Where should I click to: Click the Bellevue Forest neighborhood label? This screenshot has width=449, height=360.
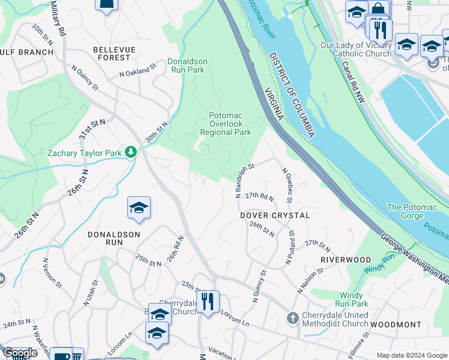pyautogui.click(x=112, y=53)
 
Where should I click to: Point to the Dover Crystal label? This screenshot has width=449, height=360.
pyautogui.click(x=275, y=215)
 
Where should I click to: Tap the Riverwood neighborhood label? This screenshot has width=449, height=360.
pyautogui.click(x=346, y=259)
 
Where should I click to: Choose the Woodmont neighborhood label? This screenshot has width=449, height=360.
pyautogui.click(x=396, y=324)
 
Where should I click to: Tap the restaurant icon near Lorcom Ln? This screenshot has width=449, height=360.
pyautogui.click(x=208, y=302)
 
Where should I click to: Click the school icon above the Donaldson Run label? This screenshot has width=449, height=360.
pyautogui.click(x=139, y=208)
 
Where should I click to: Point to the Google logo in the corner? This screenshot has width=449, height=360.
pyautogui.click(x=20, y=353)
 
